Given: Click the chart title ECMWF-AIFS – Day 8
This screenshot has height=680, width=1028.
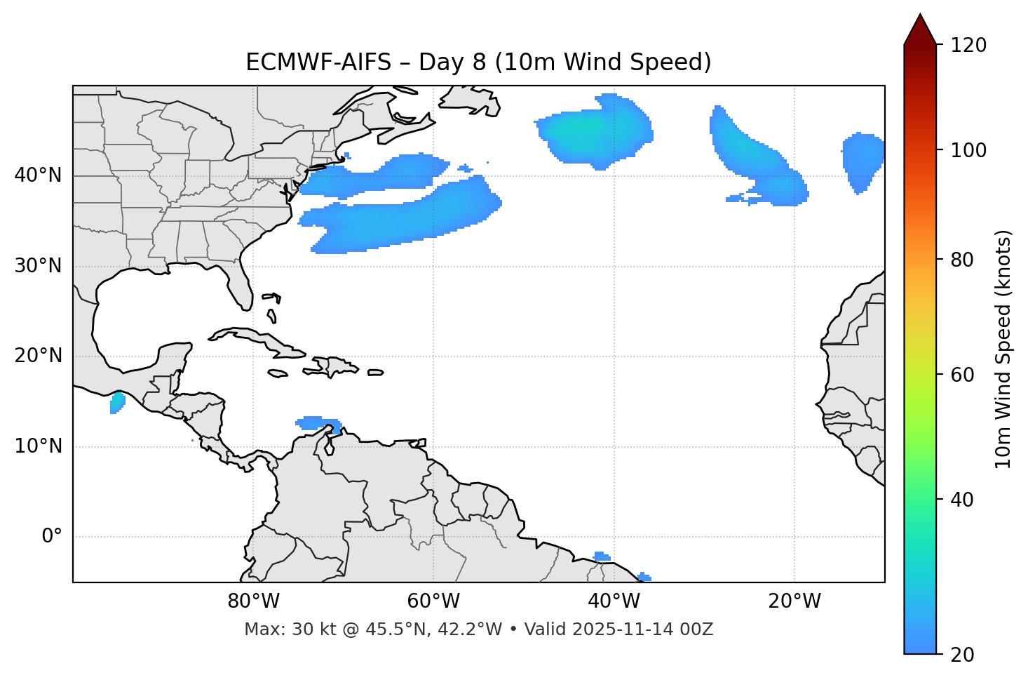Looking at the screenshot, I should point(478,62).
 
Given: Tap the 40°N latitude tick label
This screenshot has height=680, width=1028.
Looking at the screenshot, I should point(38,175).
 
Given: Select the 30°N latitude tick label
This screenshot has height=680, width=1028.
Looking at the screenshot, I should point(38,266).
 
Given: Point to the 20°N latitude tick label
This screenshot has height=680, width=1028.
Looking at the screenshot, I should point(38,356).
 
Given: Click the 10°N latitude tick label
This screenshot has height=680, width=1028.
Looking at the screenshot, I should point(38,446).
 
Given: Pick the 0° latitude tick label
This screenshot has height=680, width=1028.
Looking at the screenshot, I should point(51,537).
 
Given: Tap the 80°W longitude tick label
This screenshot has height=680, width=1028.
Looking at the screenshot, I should point(253,601).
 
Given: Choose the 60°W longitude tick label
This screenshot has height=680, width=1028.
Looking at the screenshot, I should point(433,601).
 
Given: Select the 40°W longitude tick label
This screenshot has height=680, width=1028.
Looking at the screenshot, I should point(614,601).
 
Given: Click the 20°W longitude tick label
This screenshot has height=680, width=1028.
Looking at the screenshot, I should point(794,601).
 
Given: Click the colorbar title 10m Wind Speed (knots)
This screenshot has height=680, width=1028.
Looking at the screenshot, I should point(1003,349).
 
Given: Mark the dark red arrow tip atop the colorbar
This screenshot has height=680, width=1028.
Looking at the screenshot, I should point(920,27).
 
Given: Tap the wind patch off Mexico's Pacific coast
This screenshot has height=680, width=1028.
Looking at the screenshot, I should point(117,403).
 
